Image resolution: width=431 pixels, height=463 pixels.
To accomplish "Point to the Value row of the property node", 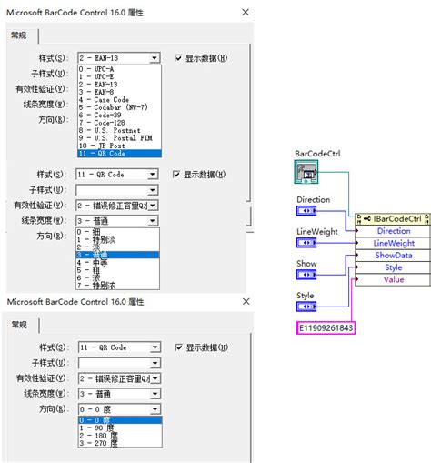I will (x=394, y=280).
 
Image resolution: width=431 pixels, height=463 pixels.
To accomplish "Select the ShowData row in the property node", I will (x=394, y=256).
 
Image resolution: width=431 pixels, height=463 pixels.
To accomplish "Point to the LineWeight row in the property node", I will (x=394, y=244).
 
